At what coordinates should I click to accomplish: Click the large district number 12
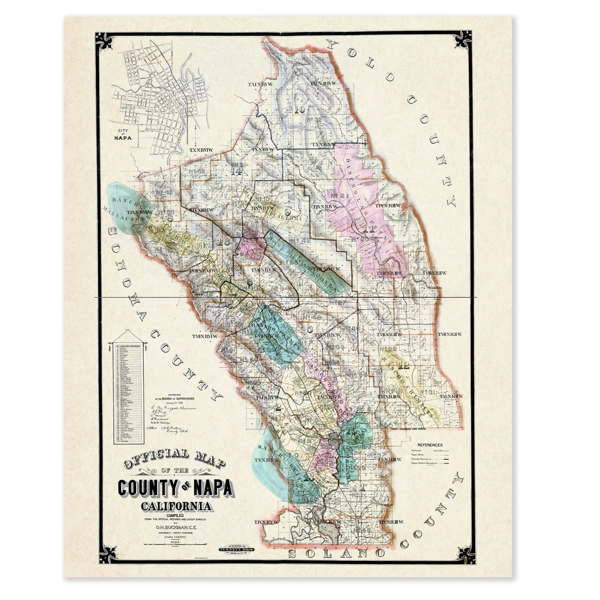(x=405, y=366)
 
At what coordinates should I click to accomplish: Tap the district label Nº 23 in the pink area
(x=340, y=196)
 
